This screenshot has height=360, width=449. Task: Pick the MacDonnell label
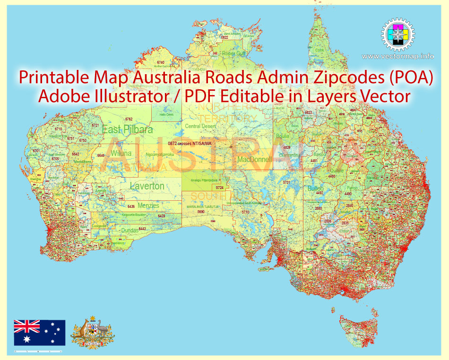(x=255, y=160)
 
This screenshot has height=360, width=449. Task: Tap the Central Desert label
(x=199, y=126)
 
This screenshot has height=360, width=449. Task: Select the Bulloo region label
(x=316, y=188)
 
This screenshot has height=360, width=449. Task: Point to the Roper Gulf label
(x=233, y=53)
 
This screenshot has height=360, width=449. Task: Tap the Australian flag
(x=39, y=333)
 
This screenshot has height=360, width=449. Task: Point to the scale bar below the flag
(x=38, y=352)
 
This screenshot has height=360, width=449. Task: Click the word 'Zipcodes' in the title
(x=328, y=78)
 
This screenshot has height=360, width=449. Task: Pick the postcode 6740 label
(x=161, y=62)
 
